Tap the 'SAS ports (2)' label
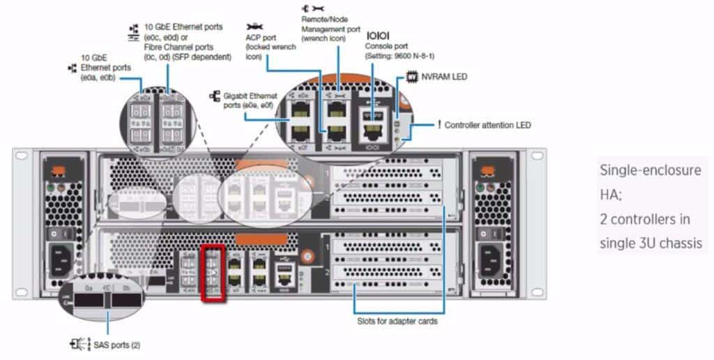112,345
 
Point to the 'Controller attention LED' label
487,125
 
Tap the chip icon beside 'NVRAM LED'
411,77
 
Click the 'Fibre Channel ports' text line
174,47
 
